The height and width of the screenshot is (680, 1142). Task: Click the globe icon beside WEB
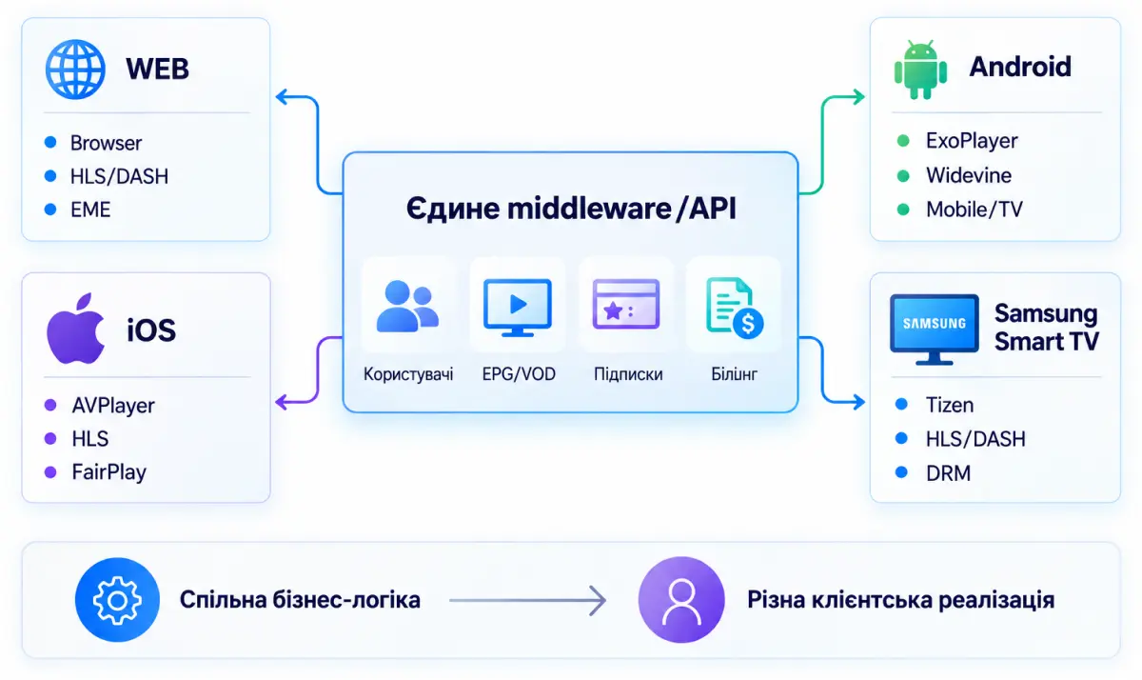pyautogui.click(x=75, y=69)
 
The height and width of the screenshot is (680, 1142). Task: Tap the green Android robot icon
pyautogui.click(x=920, y=70)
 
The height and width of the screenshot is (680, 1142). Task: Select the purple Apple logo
pyautogui.click(x=75, y=328)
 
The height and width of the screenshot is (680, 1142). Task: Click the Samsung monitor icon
pyautogui.click(x=934, y=329)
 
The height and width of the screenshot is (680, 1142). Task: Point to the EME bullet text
pyautogui.click(x=90, y=210)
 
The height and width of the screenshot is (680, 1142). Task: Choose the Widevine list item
pyautogui.click(x=969, y=175)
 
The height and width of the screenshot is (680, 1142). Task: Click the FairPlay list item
pyautogui.click(x=108, y=472)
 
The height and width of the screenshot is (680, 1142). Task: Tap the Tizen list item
pyautogui.click(x=950, y=405)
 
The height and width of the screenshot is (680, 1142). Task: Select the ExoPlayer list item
pyautogui.click(x=972, y=141)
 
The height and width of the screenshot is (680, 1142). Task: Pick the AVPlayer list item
pyautogui.click(x=113, y=406)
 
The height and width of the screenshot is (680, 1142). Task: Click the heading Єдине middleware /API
pyautogui.click(x=571, y=209)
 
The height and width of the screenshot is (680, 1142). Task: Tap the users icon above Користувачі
pyautogui.click(x=407, y=306)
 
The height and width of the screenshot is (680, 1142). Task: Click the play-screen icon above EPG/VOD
pyautogui.click(x=518, y=307)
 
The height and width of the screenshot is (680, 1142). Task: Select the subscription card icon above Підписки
pyautogui.click(x=626, y=304)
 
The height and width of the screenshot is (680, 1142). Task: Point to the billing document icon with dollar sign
pyautogui.click(x=735, y=308)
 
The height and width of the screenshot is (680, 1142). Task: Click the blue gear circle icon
pyautogui.click(x=117, y=600)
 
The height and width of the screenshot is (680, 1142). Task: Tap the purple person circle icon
pyautogui.click(x=681, y=600)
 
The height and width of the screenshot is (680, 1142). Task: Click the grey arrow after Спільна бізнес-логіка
pyautogui.click(x=527, y=600)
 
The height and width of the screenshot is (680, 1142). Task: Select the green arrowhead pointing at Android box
pyautogui.click(x=858, y=97)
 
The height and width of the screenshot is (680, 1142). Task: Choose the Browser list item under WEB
pyautogui.click(x=106, y=144)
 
